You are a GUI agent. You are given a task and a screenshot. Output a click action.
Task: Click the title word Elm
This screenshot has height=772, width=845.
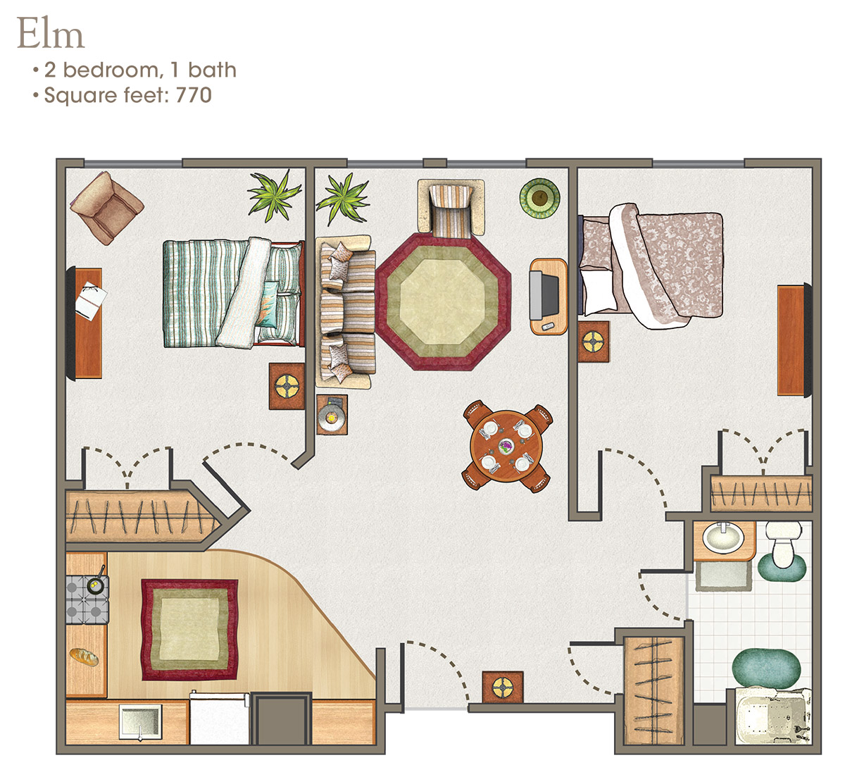point(51,35)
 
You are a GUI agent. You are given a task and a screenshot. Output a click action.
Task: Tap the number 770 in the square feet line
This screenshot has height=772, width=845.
point(194,95)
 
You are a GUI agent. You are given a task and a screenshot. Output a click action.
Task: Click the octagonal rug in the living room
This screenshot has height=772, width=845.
point(443,301)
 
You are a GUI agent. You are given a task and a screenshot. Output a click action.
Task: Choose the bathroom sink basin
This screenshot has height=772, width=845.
point(723,539)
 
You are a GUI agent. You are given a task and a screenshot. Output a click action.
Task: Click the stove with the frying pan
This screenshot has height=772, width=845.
point(87,599)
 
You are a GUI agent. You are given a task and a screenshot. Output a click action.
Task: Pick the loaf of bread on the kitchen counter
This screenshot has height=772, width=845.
point(84,657)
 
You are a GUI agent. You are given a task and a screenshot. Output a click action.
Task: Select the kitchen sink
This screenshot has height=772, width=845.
point(140,722)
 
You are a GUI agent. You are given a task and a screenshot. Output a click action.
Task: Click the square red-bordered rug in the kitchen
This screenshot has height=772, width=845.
point(189,630)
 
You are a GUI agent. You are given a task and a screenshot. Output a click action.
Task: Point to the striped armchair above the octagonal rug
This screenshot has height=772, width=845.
point(451,208)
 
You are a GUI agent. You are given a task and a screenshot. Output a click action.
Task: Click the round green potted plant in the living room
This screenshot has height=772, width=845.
point(539,198)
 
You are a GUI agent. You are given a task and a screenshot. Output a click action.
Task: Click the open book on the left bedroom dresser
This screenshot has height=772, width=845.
point(92,301)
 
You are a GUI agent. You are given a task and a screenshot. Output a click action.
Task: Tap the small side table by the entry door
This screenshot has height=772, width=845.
point(503,687)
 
